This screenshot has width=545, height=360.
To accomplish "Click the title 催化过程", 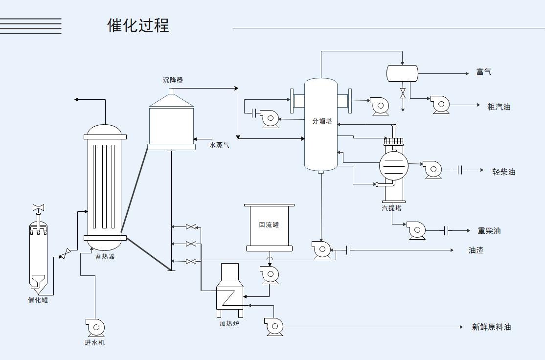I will click(138, 25).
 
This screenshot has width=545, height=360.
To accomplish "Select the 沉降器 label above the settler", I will click(173, 80).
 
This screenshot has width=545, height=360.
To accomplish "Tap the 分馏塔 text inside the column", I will click(322, 121).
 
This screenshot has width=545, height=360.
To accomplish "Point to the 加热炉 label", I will click(229, 324).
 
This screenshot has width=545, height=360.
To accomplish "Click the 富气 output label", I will click(484, 72).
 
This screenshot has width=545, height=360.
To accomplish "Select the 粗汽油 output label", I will click(499, 107).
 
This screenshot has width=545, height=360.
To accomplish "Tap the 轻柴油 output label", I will click(503, 172).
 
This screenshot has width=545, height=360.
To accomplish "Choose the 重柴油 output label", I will click(489, 230).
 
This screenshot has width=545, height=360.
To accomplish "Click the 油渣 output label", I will click(476, 250).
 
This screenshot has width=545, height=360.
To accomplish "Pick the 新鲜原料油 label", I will click(491, 327).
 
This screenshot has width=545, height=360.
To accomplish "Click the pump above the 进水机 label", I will click(95, 327).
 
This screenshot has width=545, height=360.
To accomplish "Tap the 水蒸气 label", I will click(219, 145).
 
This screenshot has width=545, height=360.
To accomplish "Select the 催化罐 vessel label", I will click(38, 300).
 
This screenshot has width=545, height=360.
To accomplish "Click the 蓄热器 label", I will click(105, 256).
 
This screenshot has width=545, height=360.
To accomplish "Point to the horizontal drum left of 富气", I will click(402, 73).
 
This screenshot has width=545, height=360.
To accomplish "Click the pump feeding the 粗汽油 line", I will click(440, 105).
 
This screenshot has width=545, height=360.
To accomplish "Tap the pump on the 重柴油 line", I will click(416, 230).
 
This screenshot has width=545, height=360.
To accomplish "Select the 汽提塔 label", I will click(391, 208).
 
